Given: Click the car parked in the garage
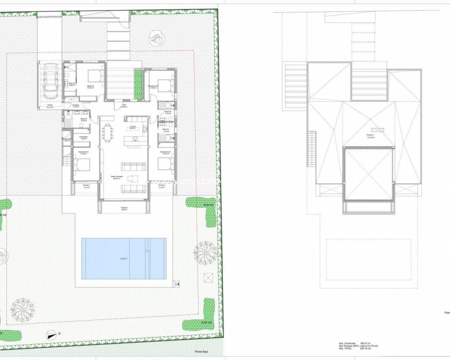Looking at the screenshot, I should tap(50, 79).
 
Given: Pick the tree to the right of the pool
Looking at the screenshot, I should tap(206, 251).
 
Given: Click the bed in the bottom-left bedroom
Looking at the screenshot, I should tap(81, 165).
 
